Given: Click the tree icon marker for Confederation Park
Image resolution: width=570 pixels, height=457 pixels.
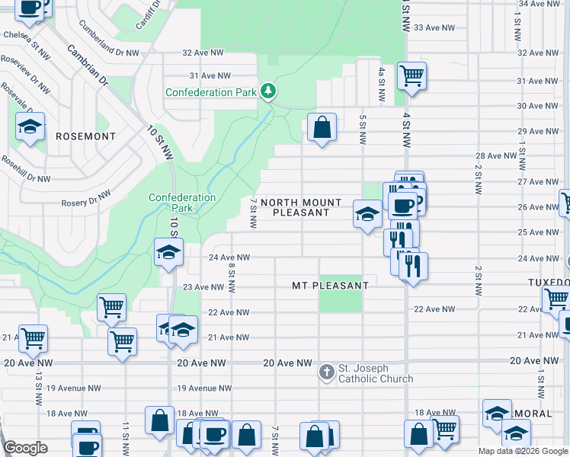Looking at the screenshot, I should pyautogui.click(x=267, y=91).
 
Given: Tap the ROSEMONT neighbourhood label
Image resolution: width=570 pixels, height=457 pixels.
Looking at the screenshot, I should pyautogui.click(x=85, y=136).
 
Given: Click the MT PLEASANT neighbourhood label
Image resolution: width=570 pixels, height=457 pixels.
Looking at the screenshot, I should pyautogui.click(x=331, y=286).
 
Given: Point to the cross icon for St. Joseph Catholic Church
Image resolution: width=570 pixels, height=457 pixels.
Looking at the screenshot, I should pyautogui.click(x=326, y=372).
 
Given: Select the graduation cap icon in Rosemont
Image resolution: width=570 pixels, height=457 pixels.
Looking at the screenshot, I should pyautogui.click(x=30, y=126).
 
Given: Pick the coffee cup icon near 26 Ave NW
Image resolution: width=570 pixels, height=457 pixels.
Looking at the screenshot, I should pyautogui.click(x=402, y=204).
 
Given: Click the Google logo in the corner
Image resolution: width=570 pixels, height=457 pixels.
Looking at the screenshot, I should pyautogui.click(x=25, y=448).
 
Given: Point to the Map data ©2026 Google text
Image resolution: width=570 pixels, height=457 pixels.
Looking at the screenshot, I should pyautogui.click(x=523, y=451).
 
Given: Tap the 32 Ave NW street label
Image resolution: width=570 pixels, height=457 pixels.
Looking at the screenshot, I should pyautogui.click(x=203, y=53).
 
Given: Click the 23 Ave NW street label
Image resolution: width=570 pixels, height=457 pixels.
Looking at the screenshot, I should pyautogui.click(x=204, y=287).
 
